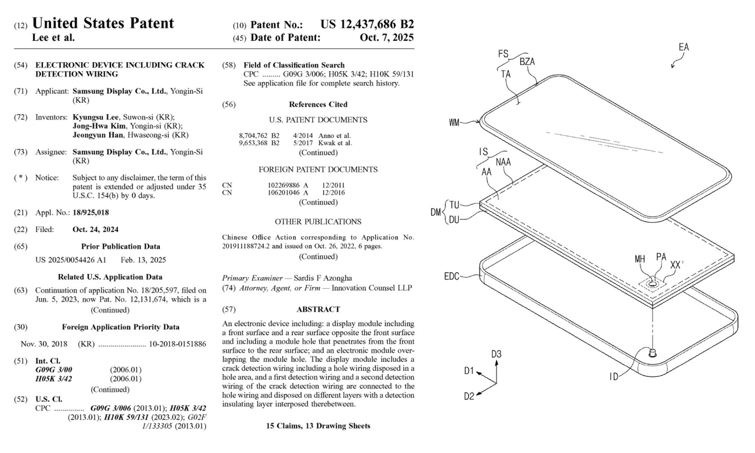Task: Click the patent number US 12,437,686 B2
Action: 367,25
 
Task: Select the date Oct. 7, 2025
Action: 387,37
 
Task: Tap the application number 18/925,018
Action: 91,213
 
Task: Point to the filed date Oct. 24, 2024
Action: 96,230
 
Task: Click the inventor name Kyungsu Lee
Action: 96,117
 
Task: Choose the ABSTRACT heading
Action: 318,310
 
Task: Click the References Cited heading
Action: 318,105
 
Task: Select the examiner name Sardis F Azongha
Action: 323,278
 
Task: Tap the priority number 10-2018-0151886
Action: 177,344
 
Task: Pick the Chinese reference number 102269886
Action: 284,185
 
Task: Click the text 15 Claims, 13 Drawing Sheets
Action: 318,426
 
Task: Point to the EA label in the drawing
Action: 684,47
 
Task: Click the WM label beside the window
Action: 454,122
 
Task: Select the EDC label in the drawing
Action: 451,276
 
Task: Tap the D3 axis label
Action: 496,354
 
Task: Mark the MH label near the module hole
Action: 639,259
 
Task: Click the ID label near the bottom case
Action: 614,377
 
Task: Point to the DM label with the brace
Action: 436,212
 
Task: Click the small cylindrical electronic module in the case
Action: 652,353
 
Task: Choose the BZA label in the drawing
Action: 527,62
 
